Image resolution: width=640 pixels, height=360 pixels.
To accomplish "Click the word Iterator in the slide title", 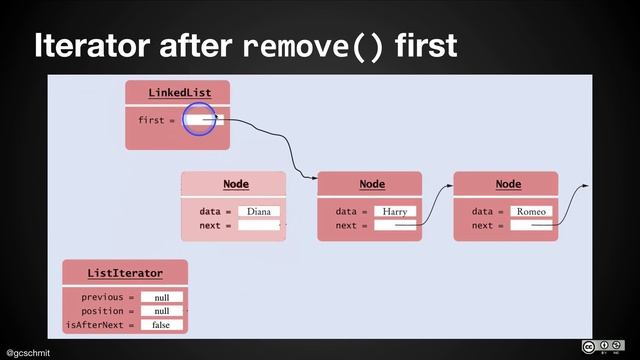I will pos(96,45).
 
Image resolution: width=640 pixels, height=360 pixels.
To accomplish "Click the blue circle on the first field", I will pos(200,120).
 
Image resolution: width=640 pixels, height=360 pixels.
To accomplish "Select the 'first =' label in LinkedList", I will pos(156,120).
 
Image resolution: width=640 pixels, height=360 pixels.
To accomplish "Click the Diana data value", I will pos(259,212).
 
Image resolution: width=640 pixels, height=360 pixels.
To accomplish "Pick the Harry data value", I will pos(395,212).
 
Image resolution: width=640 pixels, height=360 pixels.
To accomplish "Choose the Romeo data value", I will pos(531,212).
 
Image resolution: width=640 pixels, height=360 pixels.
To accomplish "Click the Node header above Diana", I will pos(236,184).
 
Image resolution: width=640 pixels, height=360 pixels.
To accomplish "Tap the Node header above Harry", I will pos(372,184).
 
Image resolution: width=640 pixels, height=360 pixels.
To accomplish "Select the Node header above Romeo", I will pos(508,184).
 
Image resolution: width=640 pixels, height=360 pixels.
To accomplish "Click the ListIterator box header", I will pos(125,272).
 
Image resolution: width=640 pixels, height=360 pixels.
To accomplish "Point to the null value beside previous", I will pos(161,297).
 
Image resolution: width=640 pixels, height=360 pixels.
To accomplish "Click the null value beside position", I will pos(161,311).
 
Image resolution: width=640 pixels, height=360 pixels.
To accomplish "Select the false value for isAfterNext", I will pos(161,325).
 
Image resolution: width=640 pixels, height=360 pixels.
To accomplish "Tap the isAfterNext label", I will pos(99,325).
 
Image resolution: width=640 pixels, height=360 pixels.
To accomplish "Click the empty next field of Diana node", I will pos(260,226).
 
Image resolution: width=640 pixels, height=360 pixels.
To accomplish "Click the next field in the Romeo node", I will pos(531,226).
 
